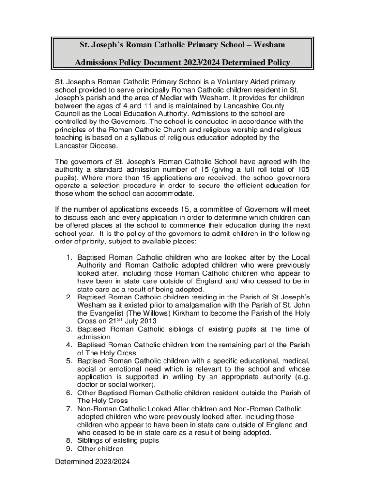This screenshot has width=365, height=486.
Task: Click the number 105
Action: pos(302,169)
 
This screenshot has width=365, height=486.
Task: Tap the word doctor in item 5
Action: pos(88,384)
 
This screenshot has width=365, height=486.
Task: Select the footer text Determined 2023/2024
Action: pos(92,461)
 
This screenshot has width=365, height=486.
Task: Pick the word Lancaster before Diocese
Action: pos(73,146)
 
